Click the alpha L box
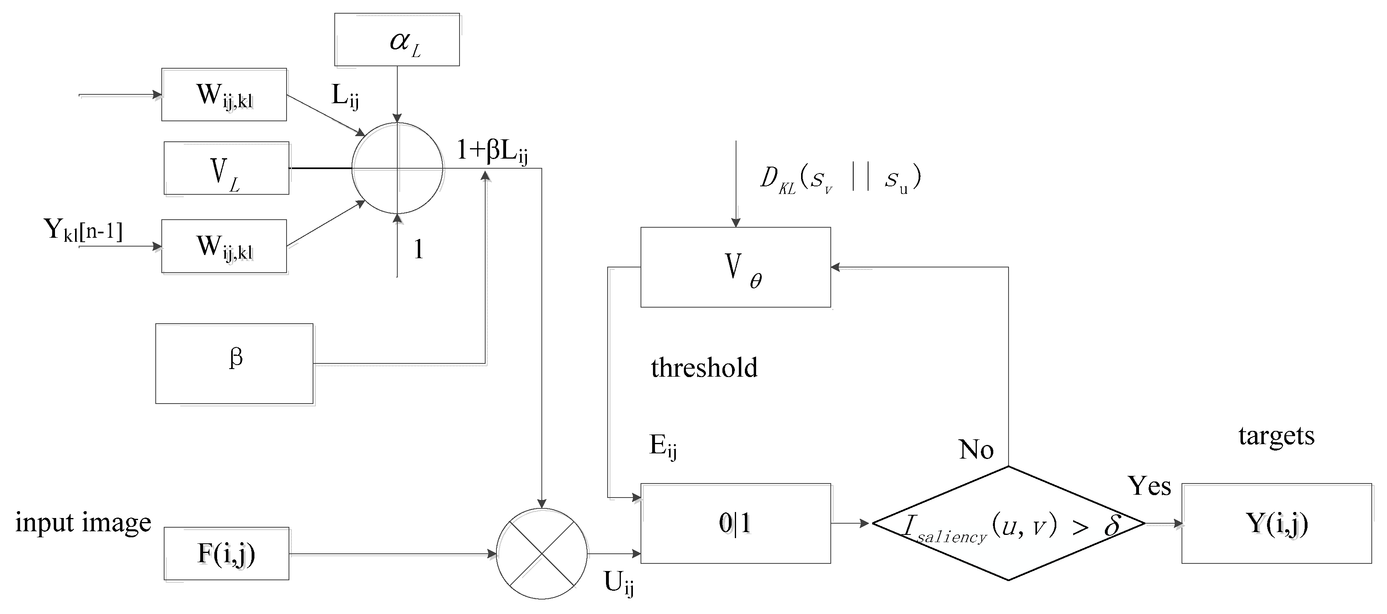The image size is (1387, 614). tap(397, 39)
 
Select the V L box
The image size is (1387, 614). tap(226, 168)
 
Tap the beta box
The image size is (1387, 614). tap(234, 363)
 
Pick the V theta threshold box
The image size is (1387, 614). tap(736, 267)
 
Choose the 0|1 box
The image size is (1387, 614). tap(736, 523)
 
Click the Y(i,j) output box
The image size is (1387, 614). tap(1277, 523)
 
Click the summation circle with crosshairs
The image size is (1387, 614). tap(397, 168)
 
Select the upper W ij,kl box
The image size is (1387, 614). tap(224, 95)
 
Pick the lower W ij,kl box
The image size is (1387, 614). tap(224, 246)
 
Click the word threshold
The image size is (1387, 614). tap(704, 368)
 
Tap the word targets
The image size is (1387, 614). tap(1276, 435)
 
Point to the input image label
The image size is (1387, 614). tap(83, 522)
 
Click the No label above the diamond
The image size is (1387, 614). tap(976, 449)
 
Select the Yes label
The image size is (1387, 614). tap(1149, 486)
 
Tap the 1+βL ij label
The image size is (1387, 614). tap(492, 151)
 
